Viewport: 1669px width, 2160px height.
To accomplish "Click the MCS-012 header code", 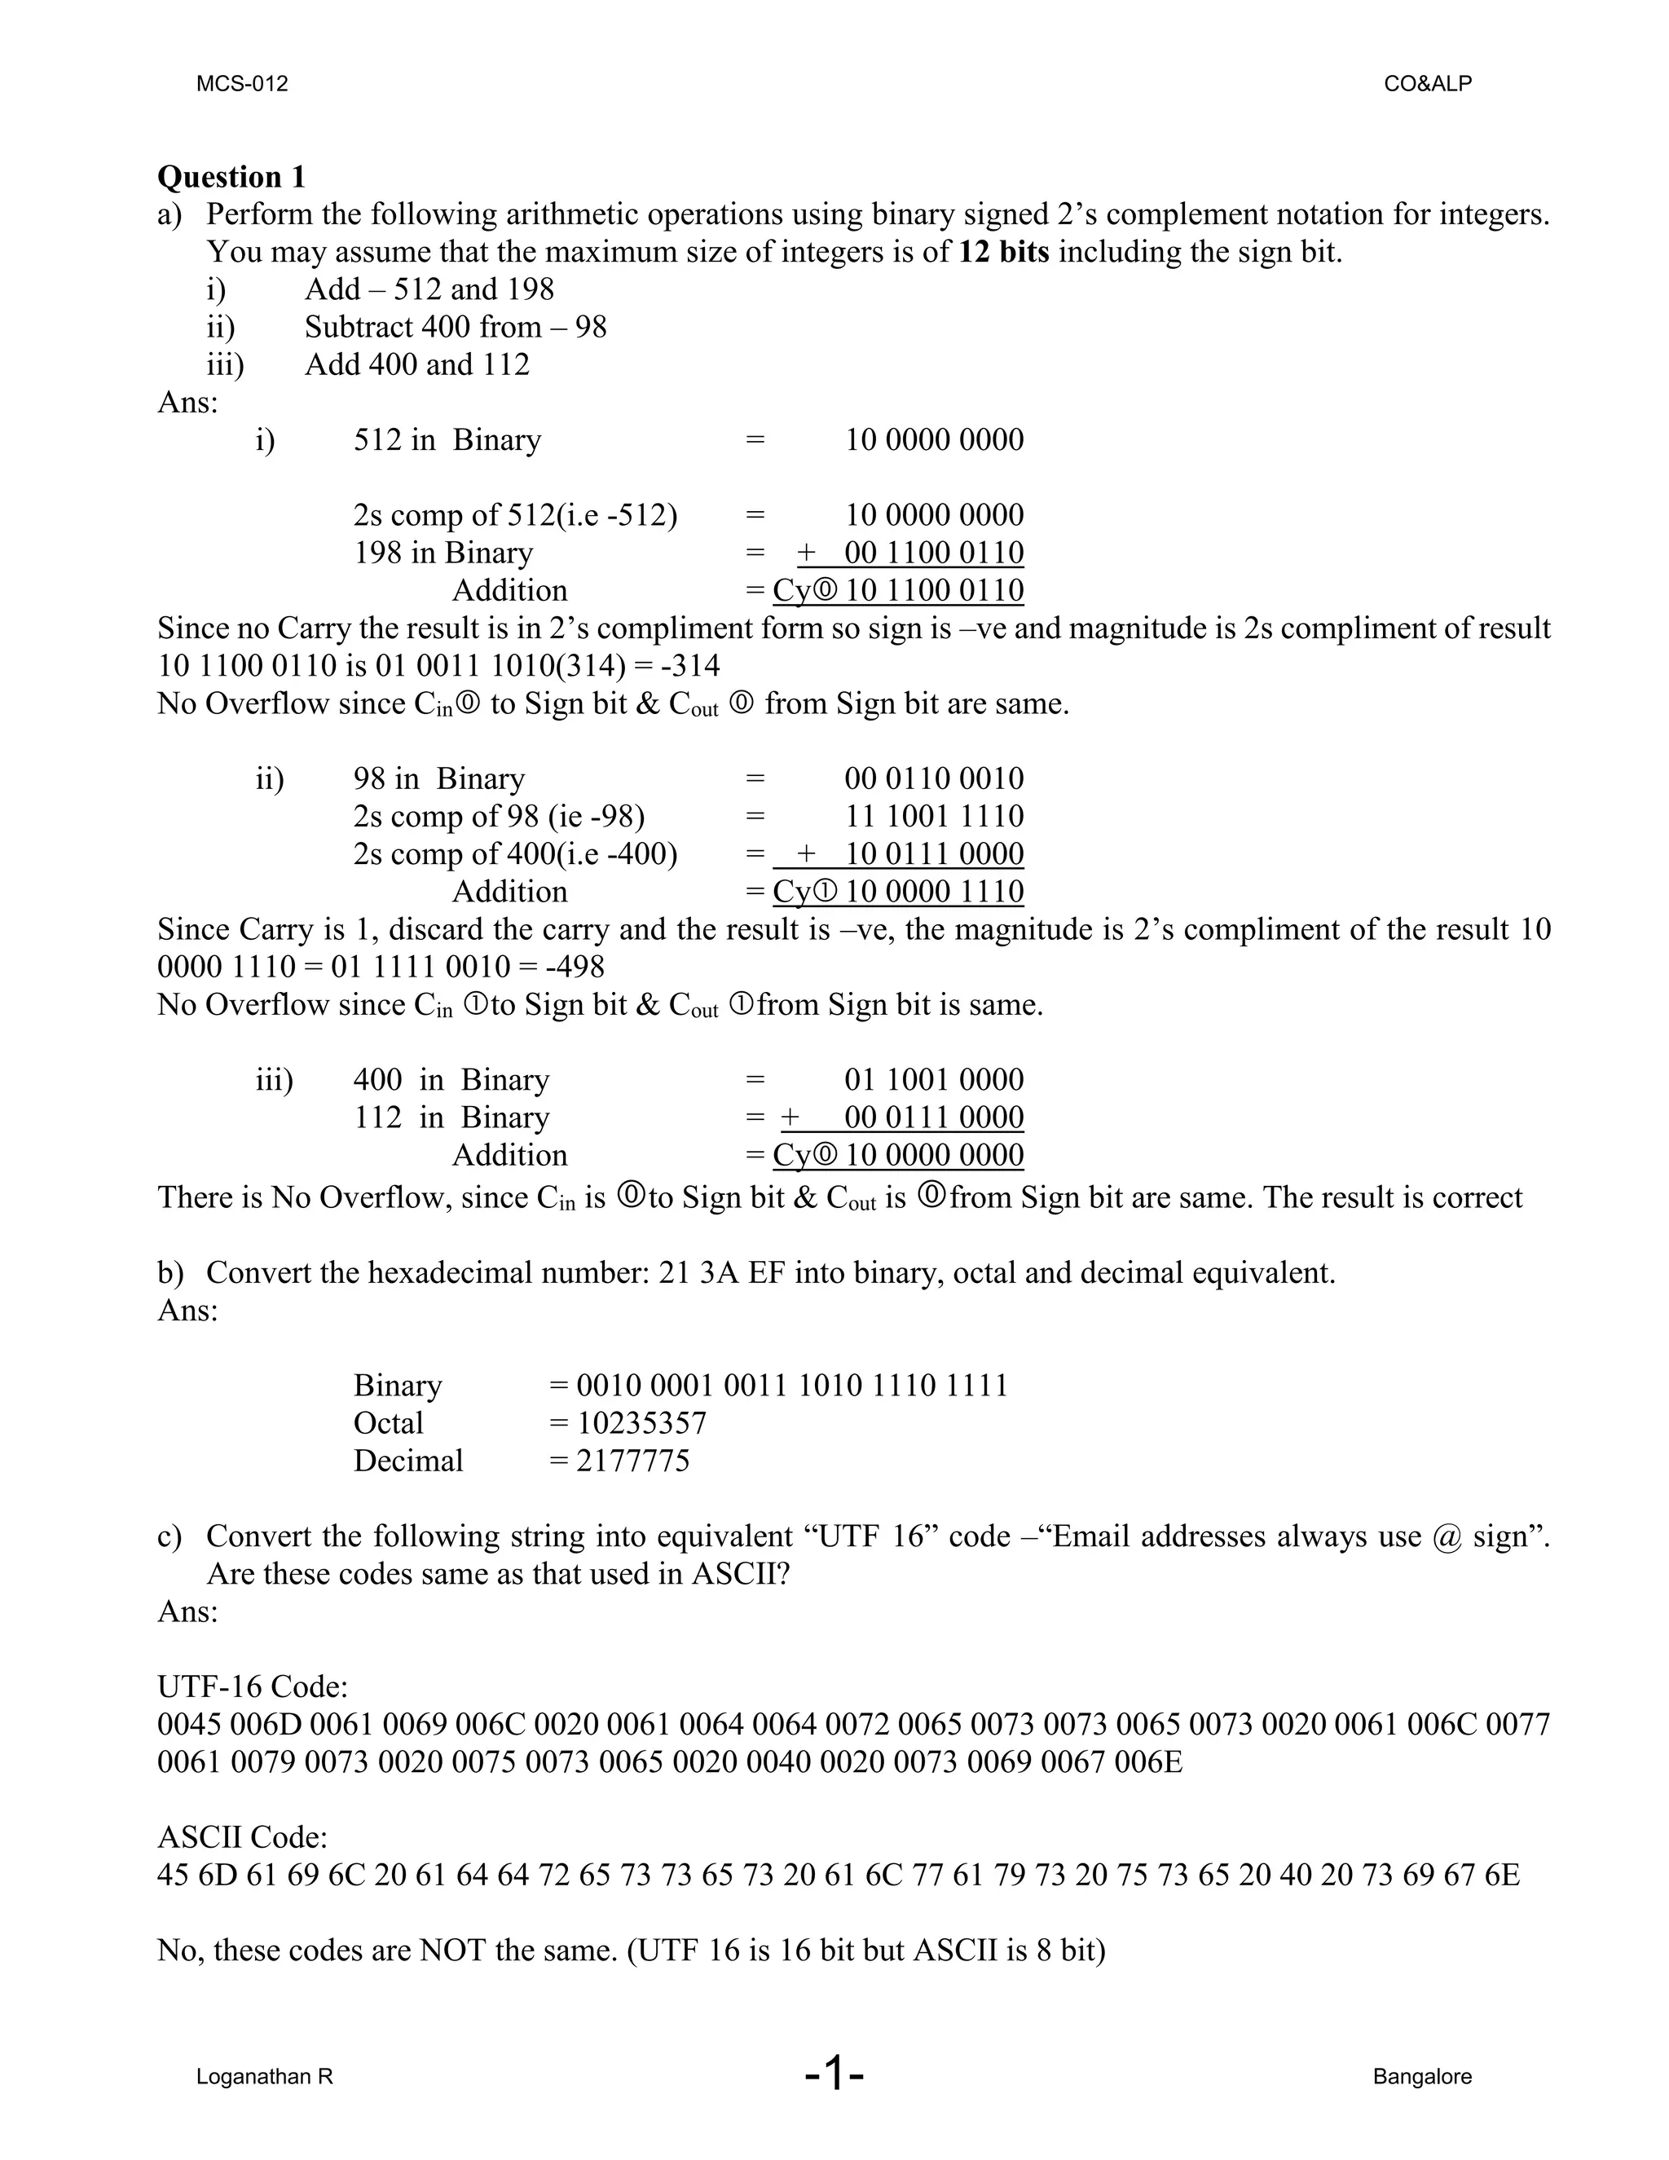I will pos(242,84).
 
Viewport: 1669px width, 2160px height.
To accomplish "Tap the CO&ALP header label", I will pos(1427,84).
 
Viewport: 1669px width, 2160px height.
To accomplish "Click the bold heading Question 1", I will pos(231,177).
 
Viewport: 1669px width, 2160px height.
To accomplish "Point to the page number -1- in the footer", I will pos(834,2073).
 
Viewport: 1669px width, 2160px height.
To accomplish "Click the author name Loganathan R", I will pos(264,2076).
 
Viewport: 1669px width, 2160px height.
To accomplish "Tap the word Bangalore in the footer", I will pos(1422,2076).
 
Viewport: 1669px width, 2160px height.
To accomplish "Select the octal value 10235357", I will pos(641,1423).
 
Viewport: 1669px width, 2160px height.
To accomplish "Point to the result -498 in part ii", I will pos(575,966).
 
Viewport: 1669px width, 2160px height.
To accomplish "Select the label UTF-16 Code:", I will pos(252,1686).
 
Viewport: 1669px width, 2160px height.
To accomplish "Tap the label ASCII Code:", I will pos(242,1836).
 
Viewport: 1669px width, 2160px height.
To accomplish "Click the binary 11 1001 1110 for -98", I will pos(933,816).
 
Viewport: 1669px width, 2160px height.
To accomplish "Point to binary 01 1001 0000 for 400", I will pos(933,1079).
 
